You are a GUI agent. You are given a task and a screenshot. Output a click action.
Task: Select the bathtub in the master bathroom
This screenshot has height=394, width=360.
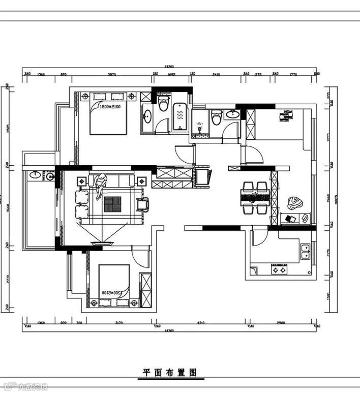click(180, 117)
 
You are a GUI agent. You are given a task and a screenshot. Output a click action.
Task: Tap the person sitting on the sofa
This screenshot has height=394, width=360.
click(100, 184)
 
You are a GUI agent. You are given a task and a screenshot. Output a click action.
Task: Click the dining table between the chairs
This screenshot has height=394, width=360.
click(254, 196)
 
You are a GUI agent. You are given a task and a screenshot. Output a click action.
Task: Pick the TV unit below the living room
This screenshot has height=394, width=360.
click(103, 244)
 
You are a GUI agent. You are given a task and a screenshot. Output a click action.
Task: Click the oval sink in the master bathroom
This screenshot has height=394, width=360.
click(147, 116)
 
